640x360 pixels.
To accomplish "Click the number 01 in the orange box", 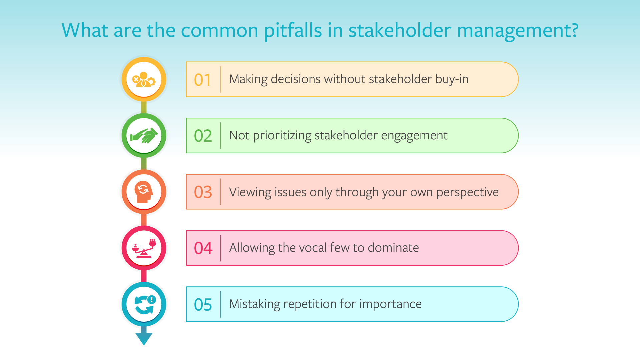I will (203, 80).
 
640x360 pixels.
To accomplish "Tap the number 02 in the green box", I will (203, 136).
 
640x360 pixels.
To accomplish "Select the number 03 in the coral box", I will (203, 192).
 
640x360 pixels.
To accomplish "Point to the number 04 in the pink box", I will (203, 248).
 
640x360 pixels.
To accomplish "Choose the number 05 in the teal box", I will (203, 305).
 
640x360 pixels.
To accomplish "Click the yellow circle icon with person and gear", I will (144, 79).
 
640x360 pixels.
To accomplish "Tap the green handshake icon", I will (144, 136).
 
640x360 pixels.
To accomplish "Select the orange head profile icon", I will (144, 192).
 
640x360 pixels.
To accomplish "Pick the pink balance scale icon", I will (144, 248).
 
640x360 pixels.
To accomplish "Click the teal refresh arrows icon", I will (144, 304).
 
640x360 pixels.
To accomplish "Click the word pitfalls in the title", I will (293, 31).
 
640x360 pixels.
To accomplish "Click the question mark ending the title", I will (574, 31).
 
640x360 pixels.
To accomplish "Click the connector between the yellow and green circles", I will (144, 107).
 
